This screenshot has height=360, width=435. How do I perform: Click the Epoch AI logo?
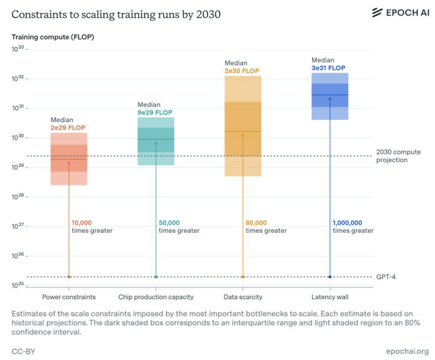tap(400, 13)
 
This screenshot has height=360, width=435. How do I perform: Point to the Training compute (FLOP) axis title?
tap(53, 37)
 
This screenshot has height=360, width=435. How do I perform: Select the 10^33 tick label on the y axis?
tap(17, 49)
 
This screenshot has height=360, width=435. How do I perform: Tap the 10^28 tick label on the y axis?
tap(17, 197)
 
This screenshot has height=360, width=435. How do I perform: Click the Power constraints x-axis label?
tap(69, 297)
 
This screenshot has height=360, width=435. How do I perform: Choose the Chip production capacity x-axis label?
tap(156, 297)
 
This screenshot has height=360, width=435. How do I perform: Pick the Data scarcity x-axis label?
tap(243, 297)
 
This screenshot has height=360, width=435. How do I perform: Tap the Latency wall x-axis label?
tap(330, 297)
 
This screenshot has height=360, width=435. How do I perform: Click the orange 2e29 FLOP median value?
tap(68, 127)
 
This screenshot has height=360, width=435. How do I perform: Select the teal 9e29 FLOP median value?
tap(155, 113)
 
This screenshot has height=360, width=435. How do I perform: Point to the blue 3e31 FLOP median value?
tap(329, 68)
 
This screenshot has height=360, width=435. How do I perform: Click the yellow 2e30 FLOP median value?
tap(242, 71)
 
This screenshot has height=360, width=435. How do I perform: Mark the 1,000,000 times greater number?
tap(347, 223)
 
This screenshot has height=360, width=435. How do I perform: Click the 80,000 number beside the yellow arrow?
tap(256, 223)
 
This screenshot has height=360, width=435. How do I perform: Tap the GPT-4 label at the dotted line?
tap(386, 277)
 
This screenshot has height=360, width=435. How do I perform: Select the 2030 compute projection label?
tap(398, 156)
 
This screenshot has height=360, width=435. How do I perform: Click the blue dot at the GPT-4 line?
tap(330, 277)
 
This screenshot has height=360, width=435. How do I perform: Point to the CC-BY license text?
tap(23, 351)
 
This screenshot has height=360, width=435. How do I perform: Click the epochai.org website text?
tap(407, 351)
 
